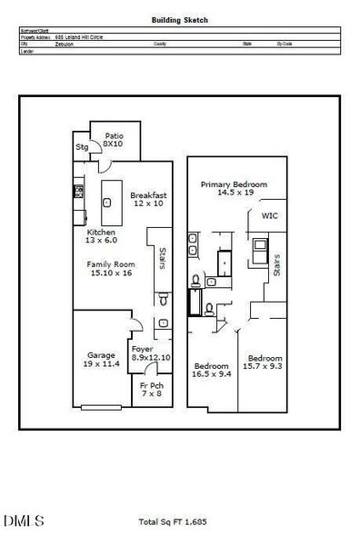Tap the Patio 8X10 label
tap(113, 139)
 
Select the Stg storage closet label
tap(82, 146)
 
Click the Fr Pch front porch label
tap(150, 390)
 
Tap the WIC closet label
tap(269, 216)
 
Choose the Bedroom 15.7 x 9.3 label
tap(265, 362)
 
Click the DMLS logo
tap(24, 521)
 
